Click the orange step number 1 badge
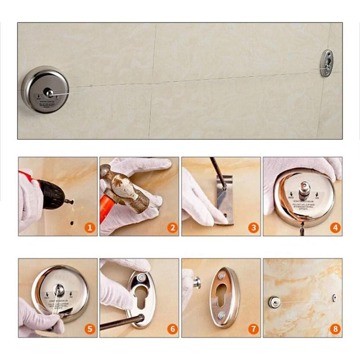pos(90,227)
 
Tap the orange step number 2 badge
pos(172,227)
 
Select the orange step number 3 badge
pos(254,227)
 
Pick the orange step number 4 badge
pos(335,227)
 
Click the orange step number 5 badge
pos(90,329)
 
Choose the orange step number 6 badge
pos(172,329)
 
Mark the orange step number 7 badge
pos(254,329)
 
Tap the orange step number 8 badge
pos(335,329)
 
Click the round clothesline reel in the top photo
pos(45,90)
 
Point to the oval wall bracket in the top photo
pos(327,63)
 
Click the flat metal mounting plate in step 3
pos(224,200)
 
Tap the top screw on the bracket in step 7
pos(222,275)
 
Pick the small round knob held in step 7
pos(197,283)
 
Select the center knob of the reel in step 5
pos(59,289)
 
